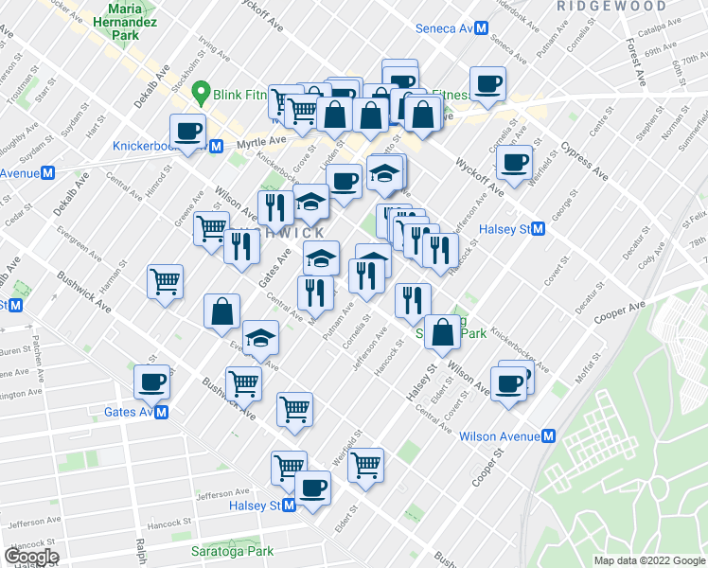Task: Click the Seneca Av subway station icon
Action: coord(481,28)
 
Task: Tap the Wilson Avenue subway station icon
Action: coord(548,436)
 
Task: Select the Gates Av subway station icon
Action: coord(162,413)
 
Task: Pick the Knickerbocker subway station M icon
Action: coord(217,146)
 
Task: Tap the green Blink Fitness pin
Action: coord(201,92)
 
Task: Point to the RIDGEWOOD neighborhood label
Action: coord(611,6)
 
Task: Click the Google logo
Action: coord(31,557)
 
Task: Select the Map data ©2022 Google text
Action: coord(648,560)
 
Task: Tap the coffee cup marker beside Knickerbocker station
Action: coord(186,131)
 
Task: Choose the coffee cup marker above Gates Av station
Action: coord(151,382)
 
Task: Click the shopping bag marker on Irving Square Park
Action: coord(442,332)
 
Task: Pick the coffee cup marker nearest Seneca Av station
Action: coord(488,83)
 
